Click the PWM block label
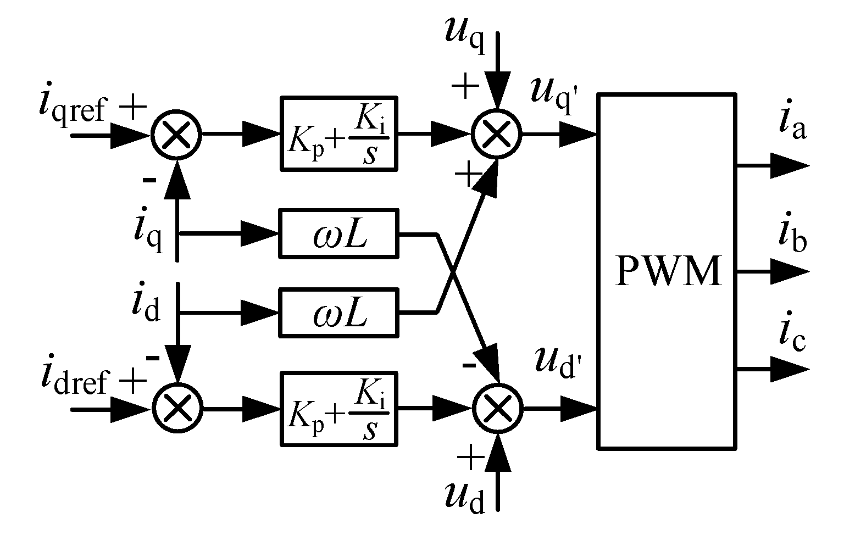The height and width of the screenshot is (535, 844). tap(668, 271)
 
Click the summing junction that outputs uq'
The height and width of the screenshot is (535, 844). tap(497, 135)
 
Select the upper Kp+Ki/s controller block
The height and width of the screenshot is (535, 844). tap(338, 134)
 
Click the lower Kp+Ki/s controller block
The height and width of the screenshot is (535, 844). tap(338, 409)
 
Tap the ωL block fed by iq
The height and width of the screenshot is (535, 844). tap(338, 233)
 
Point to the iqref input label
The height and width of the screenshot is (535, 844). tap(71, 107)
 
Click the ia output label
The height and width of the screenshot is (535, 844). tap(792, 125)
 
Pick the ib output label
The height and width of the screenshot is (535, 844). tap(792, 236)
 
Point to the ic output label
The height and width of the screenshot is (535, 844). tap(792, 336)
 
